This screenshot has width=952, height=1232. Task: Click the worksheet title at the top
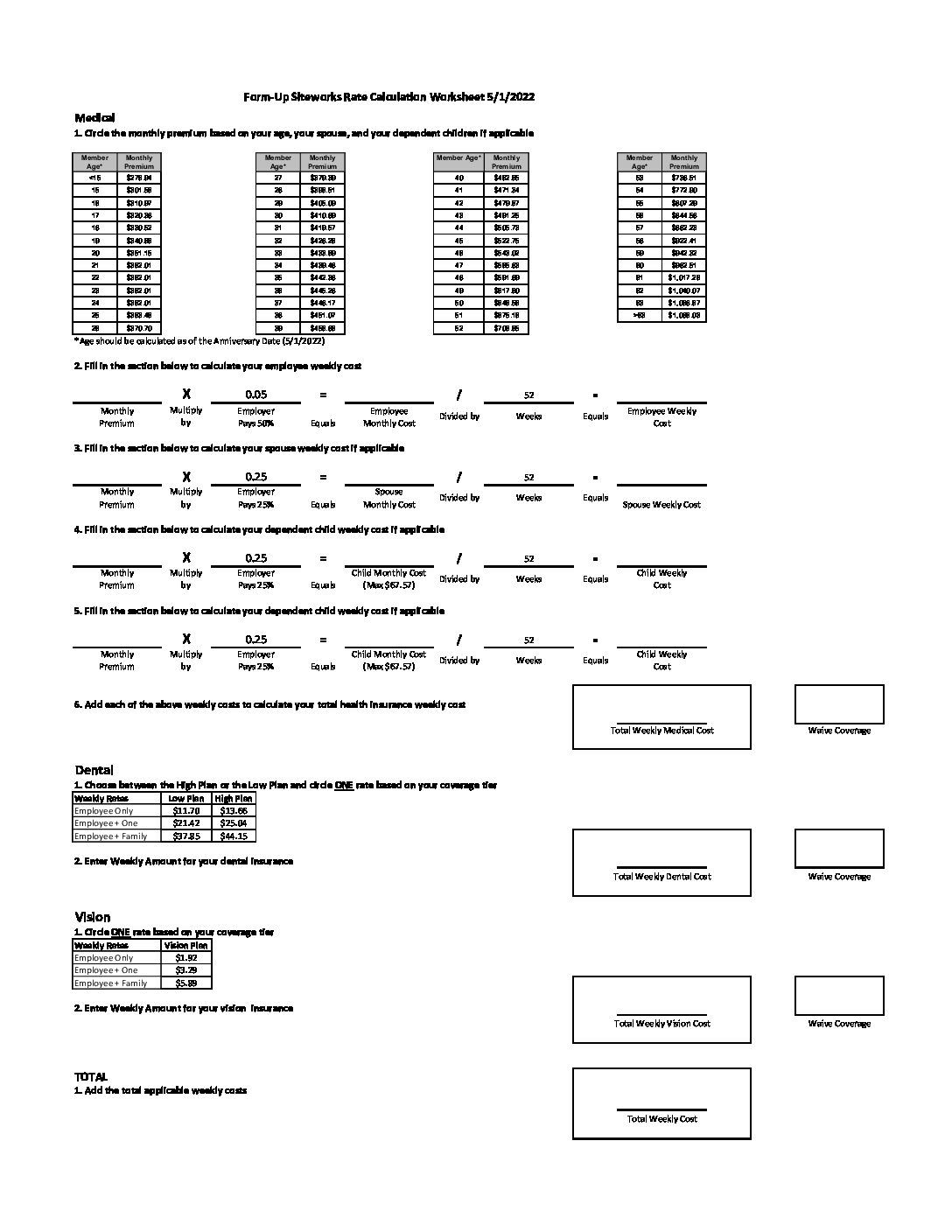coord(388,97)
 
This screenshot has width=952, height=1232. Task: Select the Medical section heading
coord(94,117)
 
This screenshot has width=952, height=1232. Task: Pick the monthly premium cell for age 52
coord(506,328)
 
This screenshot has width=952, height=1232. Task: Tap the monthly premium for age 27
coord(322,178)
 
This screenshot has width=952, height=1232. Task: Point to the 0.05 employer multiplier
coord(255,395)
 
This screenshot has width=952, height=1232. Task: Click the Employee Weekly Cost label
coord(661,416)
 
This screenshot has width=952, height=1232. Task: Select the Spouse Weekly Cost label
coord(661,505)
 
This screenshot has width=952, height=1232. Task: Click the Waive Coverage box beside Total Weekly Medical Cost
coord(839,704)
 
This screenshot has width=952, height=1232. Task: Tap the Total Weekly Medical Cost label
coord(661,731)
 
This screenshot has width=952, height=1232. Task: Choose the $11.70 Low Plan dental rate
coord(186,811)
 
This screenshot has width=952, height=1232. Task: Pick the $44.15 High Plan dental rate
coord(234,836)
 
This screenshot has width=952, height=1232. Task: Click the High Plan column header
coord(234,798)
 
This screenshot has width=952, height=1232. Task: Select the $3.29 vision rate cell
coord(185,970)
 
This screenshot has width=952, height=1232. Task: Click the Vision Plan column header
coord(185,945)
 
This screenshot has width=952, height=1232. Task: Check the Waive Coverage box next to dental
coord(839,849)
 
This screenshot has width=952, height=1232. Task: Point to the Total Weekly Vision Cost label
coord(661,1024)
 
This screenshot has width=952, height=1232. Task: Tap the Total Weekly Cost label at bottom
coord(661,1119)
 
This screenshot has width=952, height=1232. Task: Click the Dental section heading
coord(94,770)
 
